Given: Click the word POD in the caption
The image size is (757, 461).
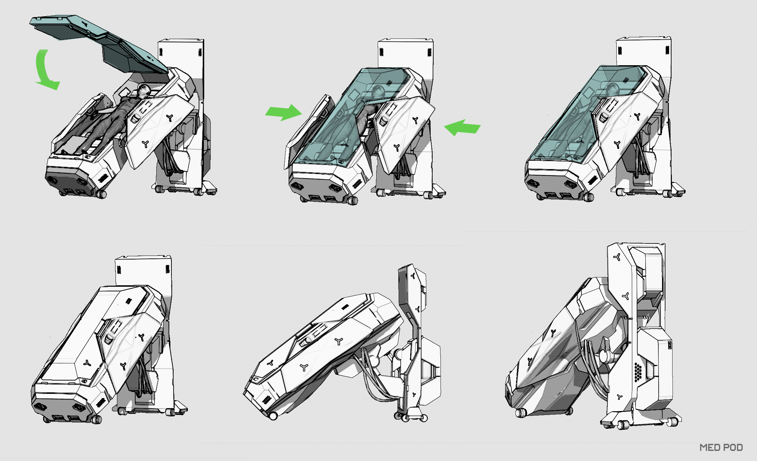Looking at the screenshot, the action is tap(733, 448).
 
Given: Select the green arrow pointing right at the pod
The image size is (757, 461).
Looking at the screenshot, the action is tap(283, 112).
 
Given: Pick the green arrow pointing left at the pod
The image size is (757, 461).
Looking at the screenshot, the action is tap(462, 128).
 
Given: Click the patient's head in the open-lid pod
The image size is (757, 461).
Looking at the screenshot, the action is tap(144, 90).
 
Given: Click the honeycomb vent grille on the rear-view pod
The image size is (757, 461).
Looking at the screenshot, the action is tap(638, 372).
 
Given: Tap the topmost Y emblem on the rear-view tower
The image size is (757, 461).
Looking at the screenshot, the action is tap(617, 257).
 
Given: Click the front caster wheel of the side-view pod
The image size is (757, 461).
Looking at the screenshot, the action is tap(273, 416).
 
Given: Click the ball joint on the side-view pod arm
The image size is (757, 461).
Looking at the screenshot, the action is tap(399, 354).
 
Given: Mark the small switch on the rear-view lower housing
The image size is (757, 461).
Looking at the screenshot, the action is tap(669, 345).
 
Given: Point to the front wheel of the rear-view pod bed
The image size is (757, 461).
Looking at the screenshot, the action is tap(521, 413).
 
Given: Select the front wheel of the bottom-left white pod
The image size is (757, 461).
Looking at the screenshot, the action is tap(96, 419).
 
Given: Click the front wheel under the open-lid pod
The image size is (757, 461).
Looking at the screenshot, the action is tap(101, 194).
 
